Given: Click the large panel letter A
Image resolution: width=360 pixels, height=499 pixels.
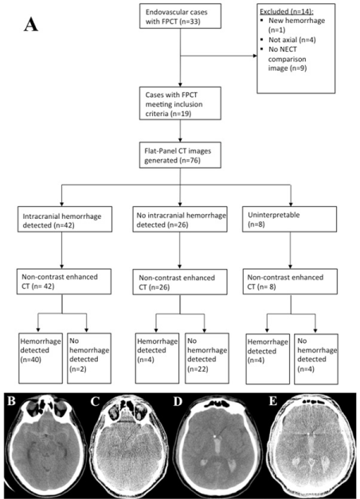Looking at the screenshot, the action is [31, 25].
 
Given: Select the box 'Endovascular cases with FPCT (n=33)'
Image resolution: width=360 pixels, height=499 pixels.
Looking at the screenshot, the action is [180, 16].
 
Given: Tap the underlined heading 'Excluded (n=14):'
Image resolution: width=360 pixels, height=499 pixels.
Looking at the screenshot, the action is [287, 12].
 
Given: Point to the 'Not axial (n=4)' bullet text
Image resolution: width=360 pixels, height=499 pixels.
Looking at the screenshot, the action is [292, 40].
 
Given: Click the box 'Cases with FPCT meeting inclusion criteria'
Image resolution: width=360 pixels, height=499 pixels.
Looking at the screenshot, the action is [180, 103].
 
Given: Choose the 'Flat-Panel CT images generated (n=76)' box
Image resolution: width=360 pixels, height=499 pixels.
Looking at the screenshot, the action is [180, 155].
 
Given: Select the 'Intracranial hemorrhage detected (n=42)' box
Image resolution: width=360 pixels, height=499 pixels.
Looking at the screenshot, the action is [65, 219].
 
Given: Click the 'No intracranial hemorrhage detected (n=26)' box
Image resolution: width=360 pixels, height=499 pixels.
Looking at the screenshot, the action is [180, 219].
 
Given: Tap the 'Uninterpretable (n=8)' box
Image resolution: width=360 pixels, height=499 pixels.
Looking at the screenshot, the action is [289, 219].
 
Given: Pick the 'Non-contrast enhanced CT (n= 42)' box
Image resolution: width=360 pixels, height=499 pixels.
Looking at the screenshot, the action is [64, 281].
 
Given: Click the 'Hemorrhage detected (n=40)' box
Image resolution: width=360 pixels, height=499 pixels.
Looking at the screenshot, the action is [41, 358].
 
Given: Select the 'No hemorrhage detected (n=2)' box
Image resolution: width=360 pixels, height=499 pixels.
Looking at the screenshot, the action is [89, 358].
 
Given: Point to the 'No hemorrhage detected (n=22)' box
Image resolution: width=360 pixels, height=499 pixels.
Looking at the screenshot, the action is [207, 358].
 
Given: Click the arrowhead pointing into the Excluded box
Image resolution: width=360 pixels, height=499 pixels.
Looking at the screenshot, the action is [255, 56].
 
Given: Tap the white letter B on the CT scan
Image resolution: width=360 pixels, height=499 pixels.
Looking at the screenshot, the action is [11, 401].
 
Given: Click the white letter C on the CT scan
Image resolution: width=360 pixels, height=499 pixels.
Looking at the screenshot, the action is [95, 402].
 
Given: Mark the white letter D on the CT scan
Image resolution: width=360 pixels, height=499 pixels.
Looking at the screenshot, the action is [178, 402].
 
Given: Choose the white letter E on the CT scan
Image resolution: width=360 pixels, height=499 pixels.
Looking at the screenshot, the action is [272, 401].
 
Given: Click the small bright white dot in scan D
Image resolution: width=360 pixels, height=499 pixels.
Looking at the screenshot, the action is [214, 434].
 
